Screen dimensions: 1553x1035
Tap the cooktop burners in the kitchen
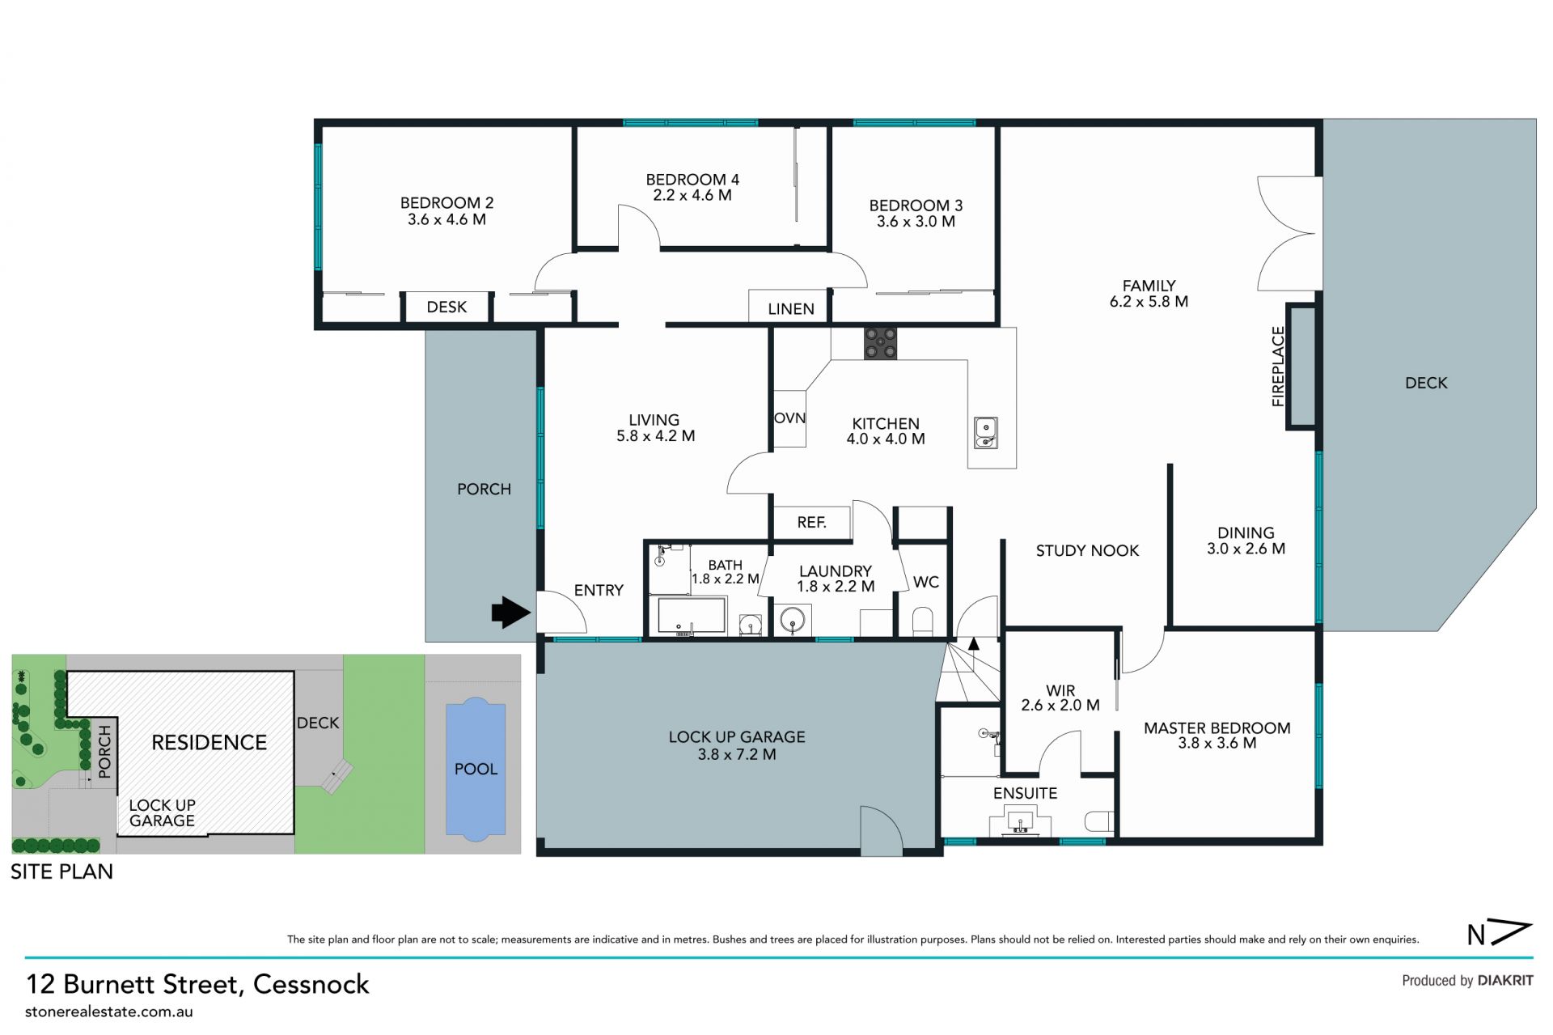pos(880,343)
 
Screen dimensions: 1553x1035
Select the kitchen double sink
pos(985,432)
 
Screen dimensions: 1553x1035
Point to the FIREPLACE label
pos(1278,366)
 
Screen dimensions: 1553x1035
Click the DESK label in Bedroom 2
pos(446,307)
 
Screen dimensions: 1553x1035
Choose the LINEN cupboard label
pos(791,308)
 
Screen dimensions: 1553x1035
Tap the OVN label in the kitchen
pos(789,418)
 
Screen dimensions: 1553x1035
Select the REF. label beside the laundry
pos(811,523)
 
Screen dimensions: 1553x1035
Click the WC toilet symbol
pos(923,622)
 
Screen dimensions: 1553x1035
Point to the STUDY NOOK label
pos(1087,550)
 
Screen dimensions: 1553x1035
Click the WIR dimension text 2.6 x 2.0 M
pos(1060,705)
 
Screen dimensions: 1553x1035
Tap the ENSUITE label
pos(1025,793)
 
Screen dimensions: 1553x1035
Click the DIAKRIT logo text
pos(1505,980)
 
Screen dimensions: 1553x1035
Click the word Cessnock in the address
pos(311,984)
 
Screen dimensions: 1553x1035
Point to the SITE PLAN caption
pos(61,872)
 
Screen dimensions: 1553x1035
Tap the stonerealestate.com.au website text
pos(109,1012)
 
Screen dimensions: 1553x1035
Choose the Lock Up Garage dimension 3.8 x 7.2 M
pos(737,754)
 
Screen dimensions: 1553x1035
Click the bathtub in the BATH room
pos(692,616)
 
